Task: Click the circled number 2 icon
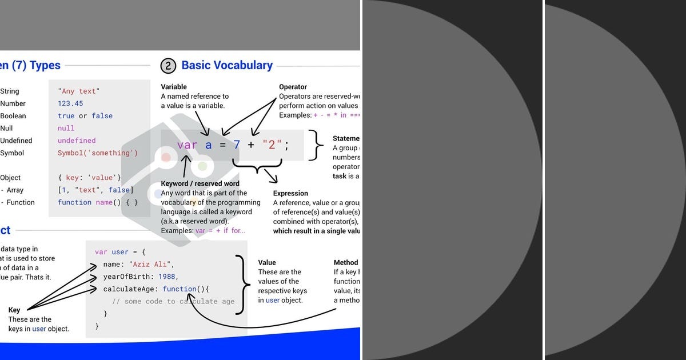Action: (x=168, y=66)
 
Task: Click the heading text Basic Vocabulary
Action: (x=227, y=65)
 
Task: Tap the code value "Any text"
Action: (x=79, y=91)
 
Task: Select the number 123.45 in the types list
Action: (x=70, y=103)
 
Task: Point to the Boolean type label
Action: (x=13, y=116)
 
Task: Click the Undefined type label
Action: (x=16, y=141)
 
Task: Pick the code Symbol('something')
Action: (x=98, y=153)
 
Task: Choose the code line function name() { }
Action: (x=98, y=202)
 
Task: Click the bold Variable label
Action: (x=174, y=87)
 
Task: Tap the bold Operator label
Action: (x=293, y=87)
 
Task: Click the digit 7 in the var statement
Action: (x=237, y=145)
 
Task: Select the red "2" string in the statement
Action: (x=269, y=145)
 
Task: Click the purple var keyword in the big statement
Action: (x=187, y=145)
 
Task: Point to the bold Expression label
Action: (x=290, y=193)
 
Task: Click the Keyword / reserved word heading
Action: (x=200, y=183)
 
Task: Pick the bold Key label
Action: (x=14, y=310)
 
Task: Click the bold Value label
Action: (x=268, y=263)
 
